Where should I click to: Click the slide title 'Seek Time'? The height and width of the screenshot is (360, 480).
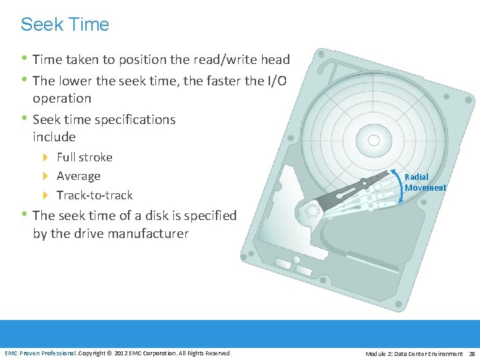click(x=65, y=25)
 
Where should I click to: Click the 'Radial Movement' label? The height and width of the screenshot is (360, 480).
click(x=425, y=182)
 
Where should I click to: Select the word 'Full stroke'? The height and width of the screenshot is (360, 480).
click(x=85, y=157)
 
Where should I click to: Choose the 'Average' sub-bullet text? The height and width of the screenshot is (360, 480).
click(x=79, y=176)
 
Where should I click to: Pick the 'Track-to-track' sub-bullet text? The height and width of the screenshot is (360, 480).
click(x=95, y=195)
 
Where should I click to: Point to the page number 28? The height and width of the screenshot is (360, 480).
click(x=472, y=353)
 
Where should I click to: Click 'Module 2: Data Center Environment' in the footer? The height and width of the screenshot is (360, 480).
click(x=413, y=353)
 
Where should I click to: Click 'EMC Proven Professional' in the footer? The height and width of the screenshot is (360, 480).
click(x=41, y=353)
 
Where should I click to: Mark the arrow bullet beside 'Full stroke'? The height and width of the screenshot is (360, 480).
click(x=45, y=157)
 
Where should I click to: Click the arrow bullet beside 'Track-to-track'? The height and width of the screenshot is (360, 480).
click(x=45, y=195)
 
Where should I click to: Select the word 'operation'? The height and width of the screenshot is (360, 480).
click(x=62, y=98)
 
